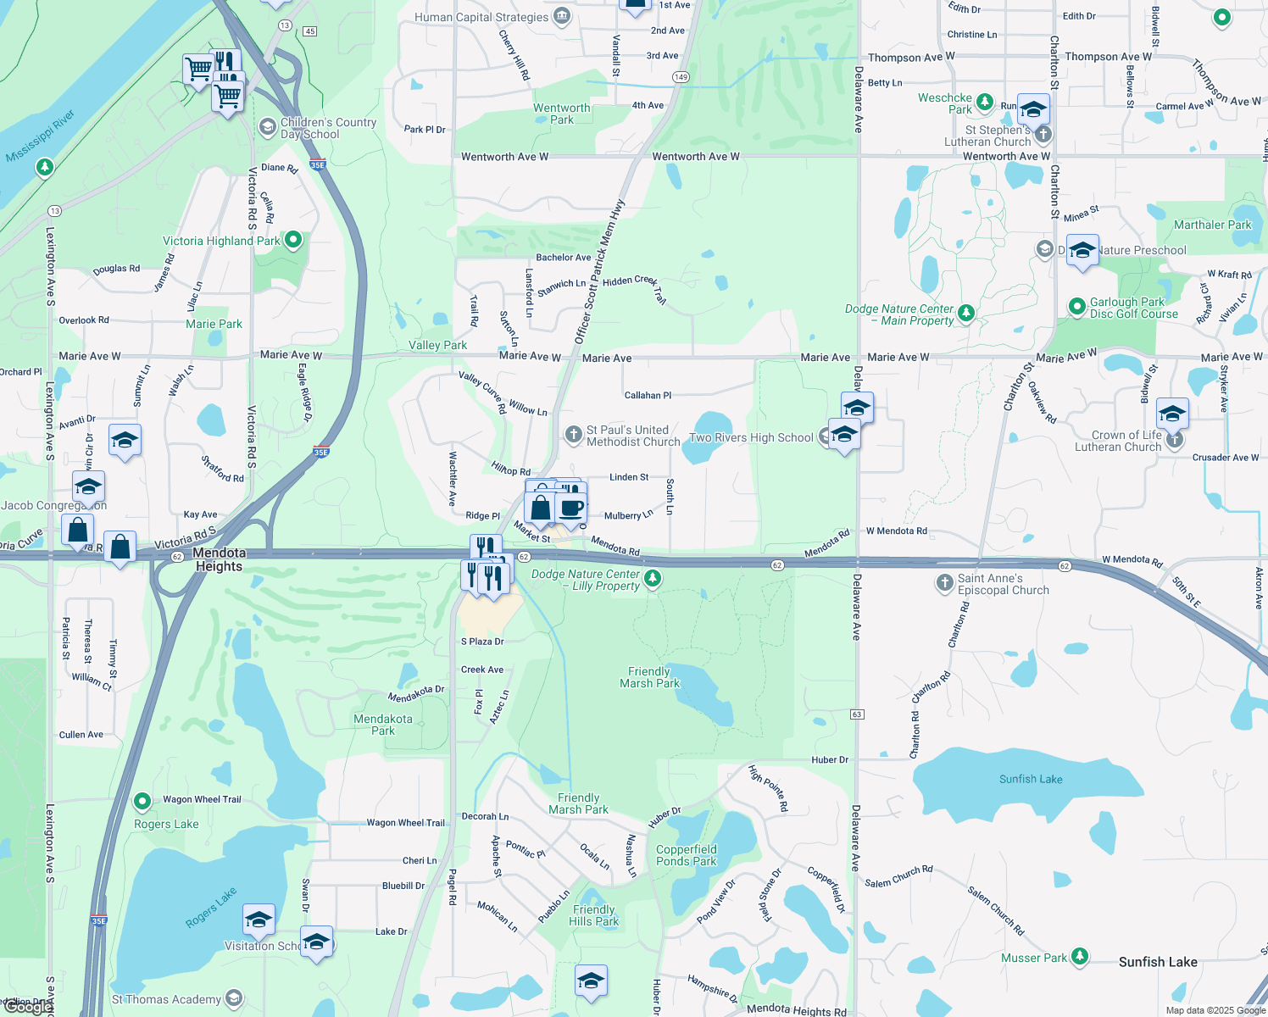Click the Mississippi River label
tap(40, 136)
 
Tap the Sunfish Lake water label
tap(1031, 779)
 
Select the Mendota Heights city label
tap(219, 559)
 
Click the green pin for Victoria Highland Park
tap(293, 241)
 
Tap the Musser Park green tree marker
tap(1079, 957)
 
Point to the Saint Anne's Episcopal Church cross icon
tap(944, 583)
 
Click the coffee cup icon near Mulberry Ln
tap(572, 508)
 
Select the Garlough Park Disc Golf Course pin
tap(1076, 306)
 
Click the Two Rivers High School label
tap(751, 437)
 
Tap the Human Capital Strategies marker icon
tap(561, 17)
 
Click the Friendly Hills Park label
tap(593, 915)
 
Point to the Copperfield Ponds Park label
tap(687, 855)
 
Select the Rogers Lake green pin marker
tap(142, 801)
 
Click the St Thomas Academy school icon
tap(234, 999)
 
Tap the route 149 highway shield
tap(681, 77)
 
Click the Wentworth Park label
tap(561, 114)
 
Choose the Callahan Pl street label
tap(648, 395)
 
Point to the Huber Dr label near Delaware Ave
tap(829, 760)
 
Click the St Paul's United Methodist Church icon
tap(574, 435)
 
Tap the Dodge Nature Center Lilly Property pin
tap(652, 578)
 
